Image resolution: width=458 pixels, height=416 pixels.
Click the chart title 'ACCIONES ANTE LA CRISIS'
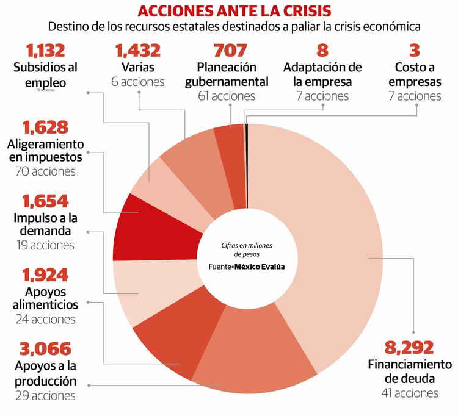tap(234, 11)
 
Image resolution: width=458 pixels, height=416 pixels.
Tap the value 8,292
tap(409, 348)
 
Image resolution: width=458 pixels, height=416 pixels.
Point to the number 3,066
tap(45, 349)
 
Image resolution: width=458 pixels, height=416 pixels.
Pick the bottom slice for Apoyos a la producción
tap(256, 360)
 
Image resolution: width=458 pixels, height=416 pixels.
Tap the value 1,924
tap(45, 275)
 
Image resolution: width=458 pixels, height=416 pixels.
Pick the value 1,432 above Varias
tap(138, 50)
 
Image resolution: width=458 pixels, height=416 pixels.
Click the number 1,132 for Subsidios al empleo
tap(45, 50)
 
